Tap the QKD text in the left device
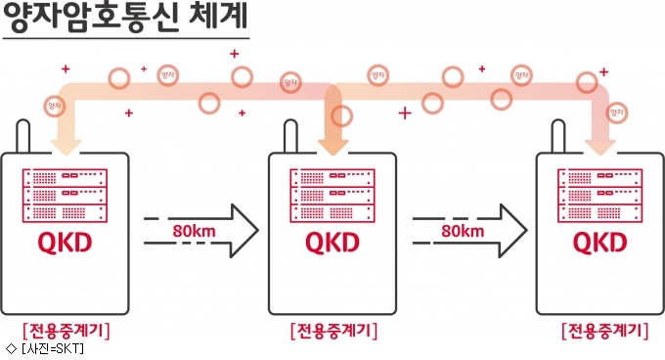65,243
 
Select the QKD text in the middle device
332,243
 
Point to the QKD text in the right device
599,243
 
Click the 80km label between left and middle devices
194,231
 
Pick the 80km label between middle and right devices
463,231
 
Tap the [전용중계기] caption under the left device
66,331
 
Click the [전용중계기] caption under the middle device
333,331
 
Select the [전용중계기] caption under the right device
605,331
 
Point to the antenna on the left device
22,136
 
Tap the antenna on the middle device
290,136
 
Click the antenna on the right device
558,136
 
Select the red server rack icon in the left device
65,196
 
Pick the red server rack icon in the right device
600,196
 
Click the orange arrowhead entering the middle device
332,147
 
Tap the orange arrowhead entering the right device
600,147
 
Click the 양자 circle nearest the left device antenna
55,106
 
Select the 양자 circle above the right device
616,112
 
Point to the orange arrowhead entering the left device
66,147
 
